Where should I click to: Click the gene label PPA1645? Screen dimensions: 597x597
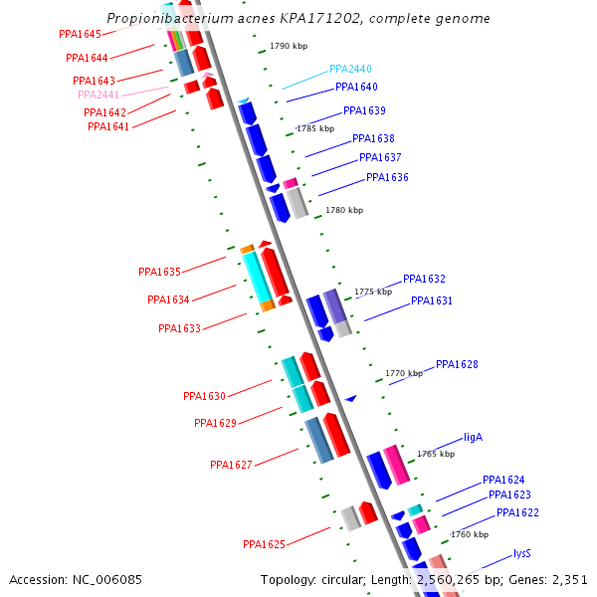[80, 34]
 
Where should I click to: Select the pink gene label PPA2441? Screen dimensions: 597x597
[99, 95]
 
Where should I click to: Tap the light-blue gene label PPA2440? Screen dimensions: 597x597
[350, 70]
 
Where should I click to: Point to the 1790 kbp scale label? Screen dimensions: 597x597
[289, 47]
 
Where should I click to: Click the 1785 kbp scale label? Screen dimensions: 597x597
[315, 128]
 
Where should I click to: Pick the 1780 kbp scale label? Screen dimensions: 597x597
[344, 210]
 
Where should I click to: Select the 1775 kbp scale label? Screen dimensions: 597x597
[373, 292]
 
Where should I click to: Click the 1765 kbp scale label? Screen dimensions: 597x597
[435, 454]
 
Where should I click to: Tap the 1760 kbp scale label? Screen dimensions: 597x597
[470, 534]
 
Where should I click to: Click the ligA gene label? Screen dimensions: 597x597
[473, 437]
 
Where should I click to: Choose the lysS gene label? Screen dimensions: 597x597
[522, 553]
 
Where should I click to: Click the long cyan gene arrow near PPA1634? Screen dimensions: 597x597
[258, 277]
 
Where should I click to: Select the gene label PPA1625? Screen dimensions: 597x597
[264, 544]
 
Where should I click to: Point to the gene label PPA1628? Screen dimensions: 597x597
[457, 364]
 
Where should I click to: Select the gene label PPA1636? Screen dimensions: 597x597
[387, 177]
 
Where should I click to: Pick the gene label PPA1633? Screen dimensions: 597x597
[179, 328]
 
